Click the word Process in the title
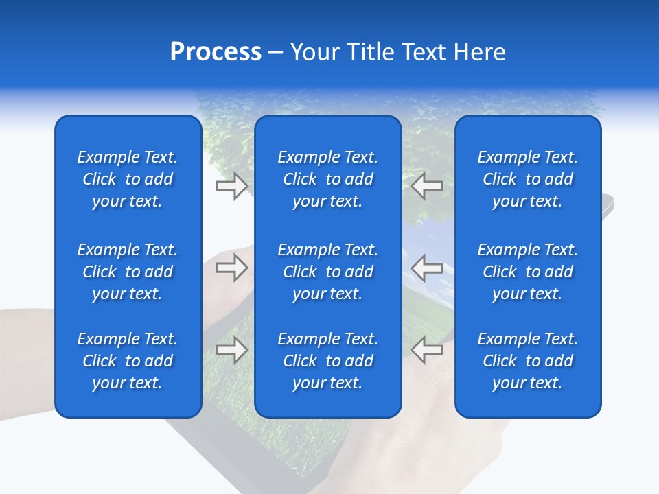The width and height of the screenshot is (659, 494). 216,52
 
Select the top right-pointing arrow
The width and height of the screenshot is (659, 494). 231,186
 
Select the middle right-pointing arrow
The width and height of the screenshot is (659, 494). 231,268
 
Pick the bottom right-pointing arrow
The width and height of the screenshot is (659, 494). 231,350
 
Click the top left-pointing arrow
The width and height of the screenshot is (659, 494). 427,186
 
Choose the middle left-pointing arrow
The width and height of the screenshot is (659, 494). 427,268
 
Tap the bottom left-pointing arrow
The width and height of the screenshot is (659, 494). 427,350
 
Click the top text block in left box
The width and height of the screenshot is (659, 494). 128,179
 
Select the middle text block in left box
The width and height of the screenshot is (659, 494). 128,272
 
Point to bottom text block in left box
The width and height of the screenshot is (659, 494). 128,361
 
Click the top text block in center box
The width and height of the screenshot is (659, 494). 327,179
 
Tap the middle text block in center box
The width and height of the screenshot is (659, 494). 327,272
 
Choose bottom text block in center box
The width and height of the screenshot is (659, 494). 327,361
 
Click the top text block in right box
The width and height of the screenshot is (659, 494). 527,179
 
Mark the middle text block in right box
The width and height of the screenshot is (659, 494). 527,272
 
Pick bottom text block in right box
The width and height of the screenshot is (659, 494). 527,361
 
